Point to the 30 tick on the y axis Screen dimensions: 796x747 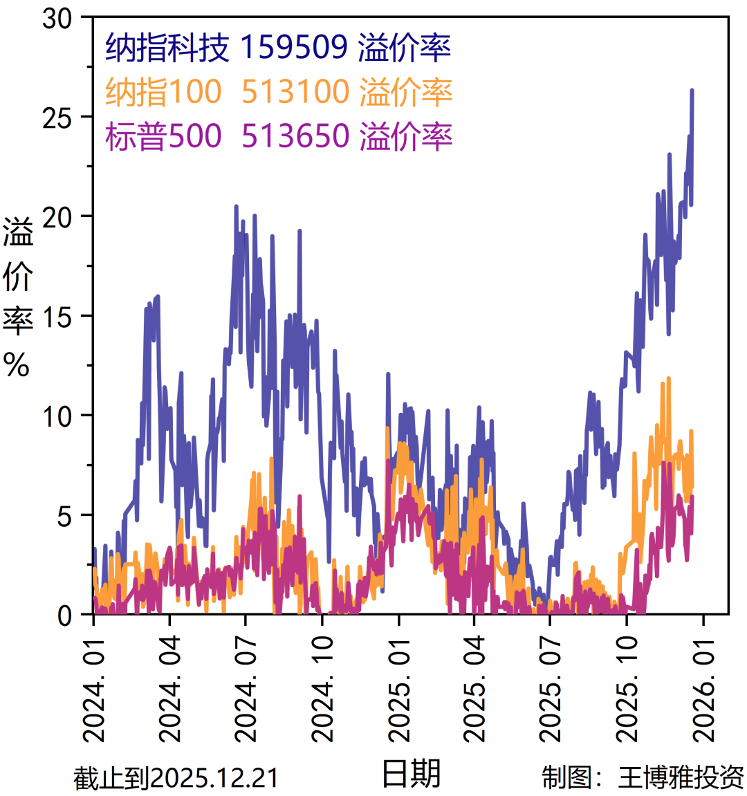coord(58,19)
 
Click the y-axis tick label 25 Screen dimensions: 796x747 coord(58,118)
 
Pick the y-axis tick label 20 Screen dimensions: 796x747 coord(58,218)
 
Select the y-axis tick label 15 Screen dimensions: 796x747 coord(58,317)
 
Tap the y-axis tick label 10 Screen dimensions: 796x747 coord(58,417)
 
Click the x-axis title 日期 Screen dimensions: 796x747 coord(411,773)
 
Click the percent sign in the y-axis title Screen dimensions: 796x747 coord(17,362)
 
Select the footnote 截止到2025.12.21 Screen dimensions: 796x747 coord(176,778)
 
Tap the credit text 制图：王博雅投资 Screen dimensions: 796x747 coord(643,777)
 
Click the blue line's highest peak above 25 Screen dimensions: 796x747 coord(692,91)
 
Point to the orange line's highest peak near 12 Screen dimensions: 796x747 coord(669,378)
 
